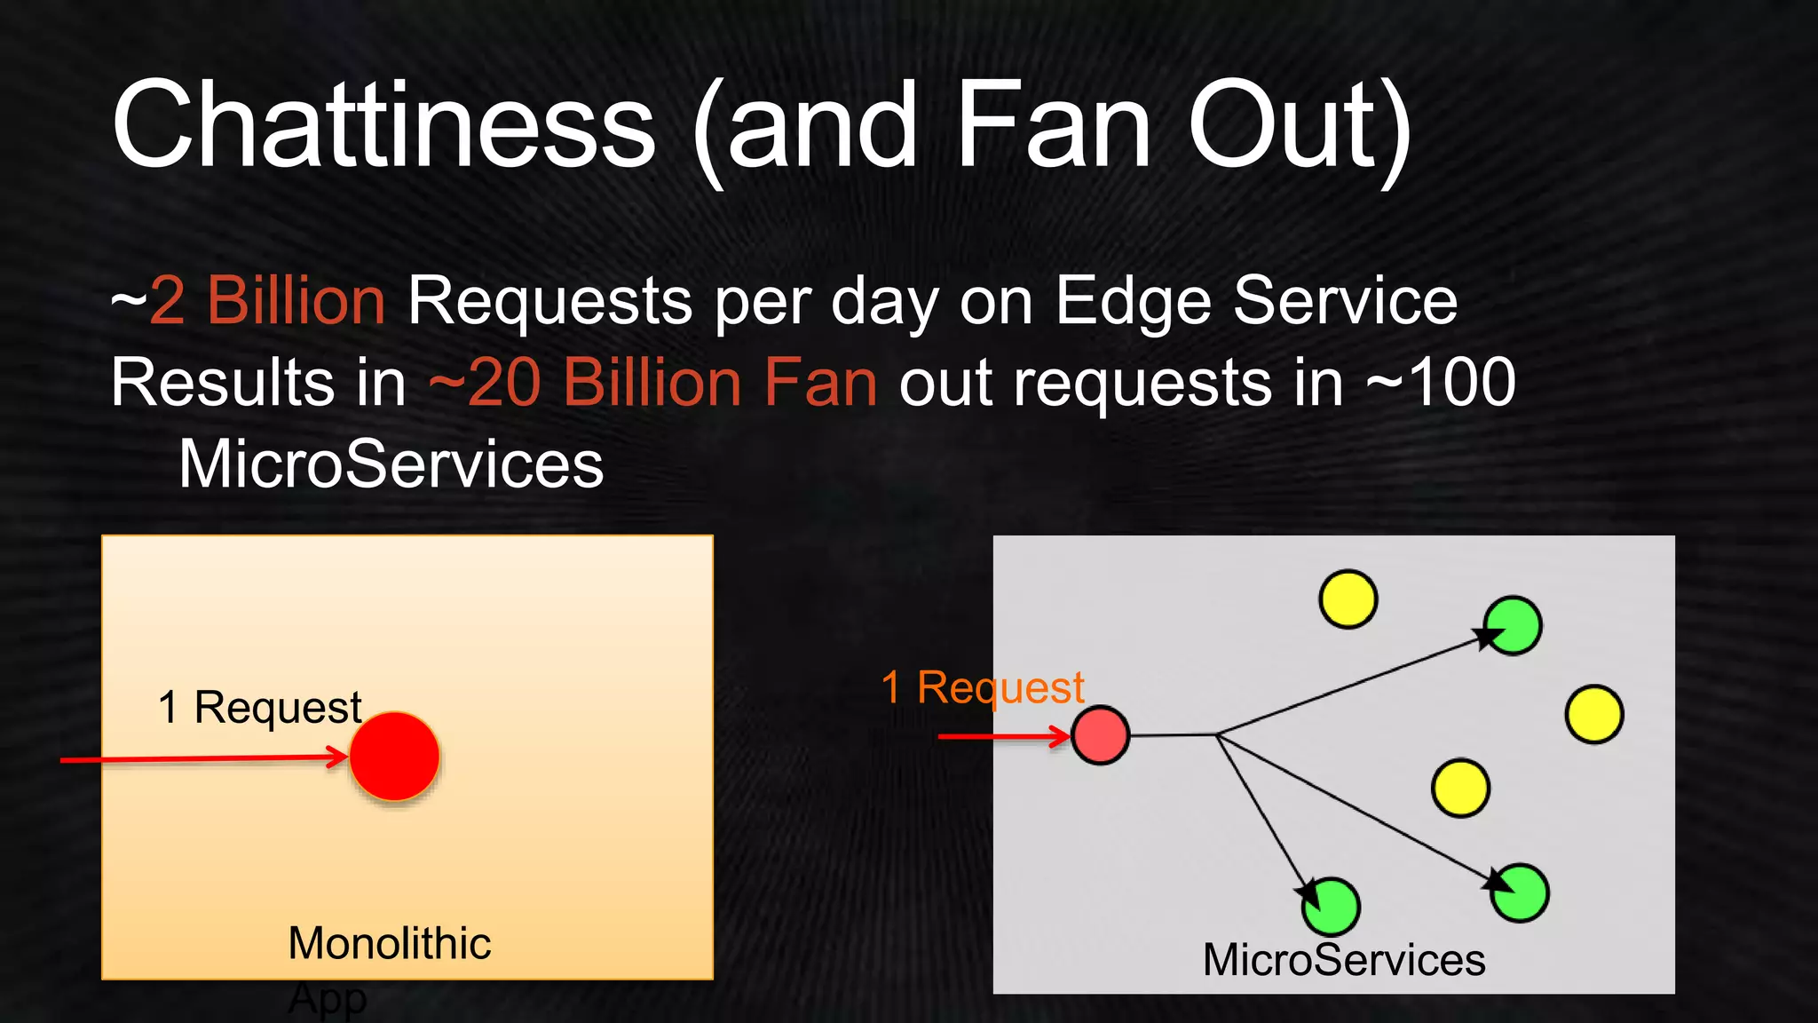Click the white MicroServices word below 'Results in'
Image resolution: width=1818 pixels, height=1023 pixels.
click(391, 464)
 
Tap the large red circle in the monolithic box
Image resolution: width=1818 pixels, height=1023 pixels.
click(394, 757)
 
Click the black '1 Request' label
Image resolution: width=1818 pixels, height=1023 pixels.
click(259, 708)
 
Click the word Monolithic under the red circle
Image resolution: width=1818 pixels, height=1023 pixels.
click(389, 943)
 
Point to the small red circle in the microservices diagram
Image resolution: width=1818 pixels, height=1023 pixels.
click(1100, 735)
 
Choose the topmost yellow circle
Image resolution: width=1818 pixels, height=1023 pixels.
click(1348, 599)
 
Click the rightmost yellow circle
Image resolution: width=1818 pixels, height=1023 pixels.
click(1594, 714)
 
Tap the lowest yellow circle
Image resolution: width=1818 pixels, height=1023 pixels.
click(1460, 788)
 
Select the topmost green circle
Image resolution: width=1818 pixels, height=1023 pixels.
click(1514, 625)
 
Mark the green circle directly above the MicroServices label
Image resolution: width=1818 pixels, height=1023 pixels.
click(1331, 907)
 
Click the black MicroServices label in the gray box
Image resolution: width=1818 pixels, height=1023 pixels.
click(1343, 960)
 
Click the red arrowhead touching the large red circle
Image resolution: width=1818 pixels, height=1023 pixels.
click(338, 757)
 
